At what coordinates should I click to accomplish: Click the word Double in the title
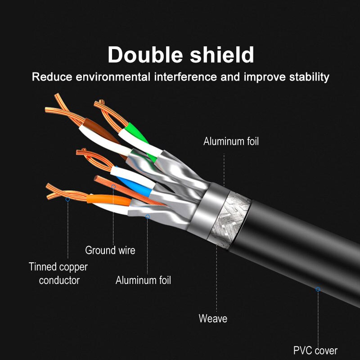[x=145, y=54]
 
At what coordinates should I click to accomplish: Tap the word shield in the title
[x=222, y=54]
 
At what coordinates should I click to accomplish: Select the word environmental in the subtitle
[x=113, y=76]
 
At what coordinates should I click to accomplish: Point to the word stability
[x=309, y=77]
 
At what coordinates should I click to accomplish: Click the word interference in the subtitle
[x=185, y=76]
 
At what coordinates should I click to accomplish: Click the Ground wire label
[x=110, y=250]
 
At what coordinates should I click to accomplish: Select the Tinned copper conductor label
[x=58, y=274]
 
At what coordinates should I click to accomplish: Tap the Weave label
[x=213, y=319]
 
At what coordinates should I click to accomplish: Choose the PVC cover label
[x=315, y=351]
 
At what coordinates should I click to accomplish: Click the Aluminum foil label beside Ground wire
[x=143, y=280]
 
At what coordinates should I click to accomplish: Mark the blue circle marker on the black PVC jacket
[x=318, y=289]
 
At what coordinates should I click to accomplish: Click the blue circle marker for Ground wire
[x=113, y=187]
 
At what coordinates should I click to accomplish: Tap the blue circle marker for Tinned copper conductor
[x=68, y=199]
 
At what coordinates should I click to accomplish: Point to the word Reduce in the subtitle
[x=52, y=76]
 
